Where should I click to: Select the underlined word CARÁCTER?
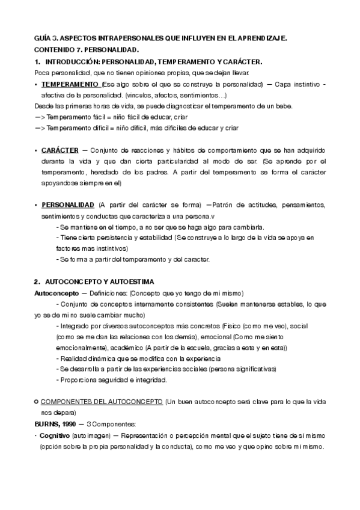[59, 149]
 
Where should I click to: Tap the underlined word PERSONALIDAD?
[67, 205]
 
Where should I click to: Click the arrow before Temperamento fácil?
[39, 117]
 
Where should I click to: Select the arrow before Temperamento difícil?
[39, 127]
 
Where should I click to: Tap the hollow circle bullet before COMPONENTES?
[37, 401]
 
